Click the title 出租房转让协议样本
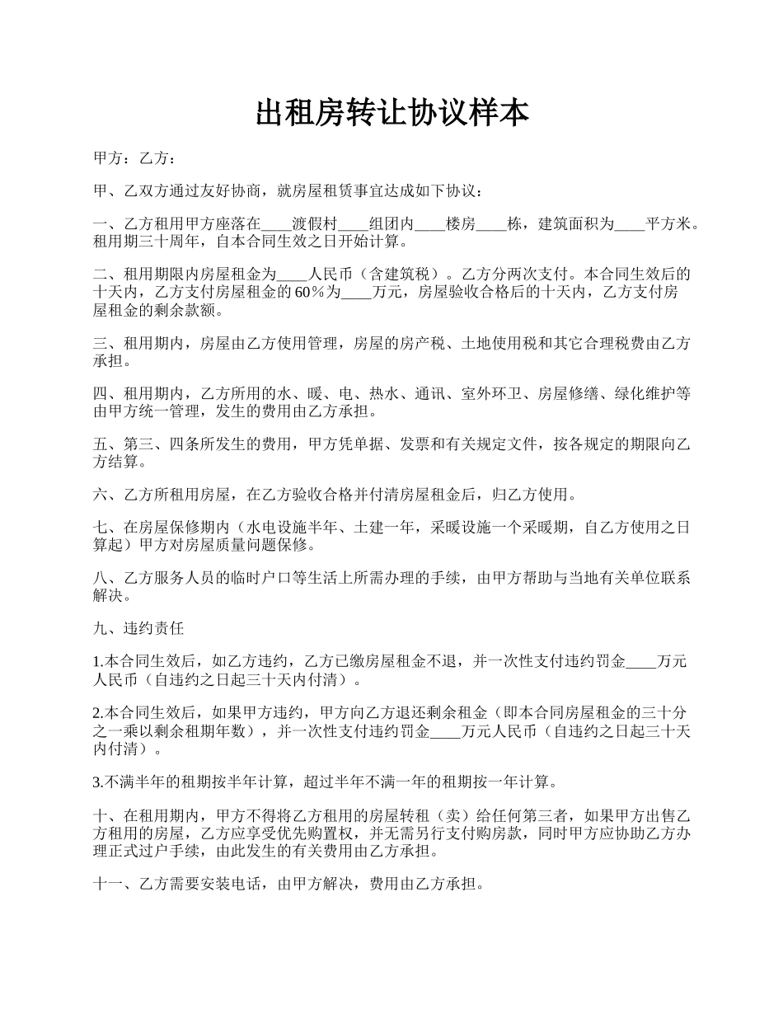(x=391, y=114)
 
